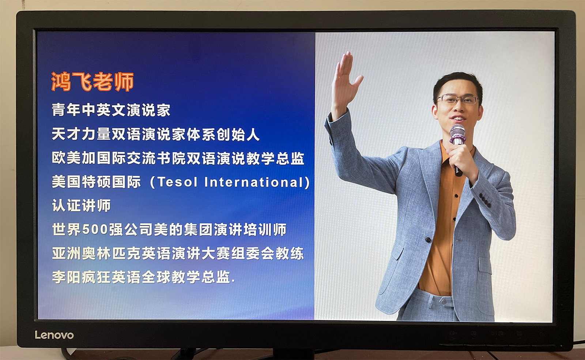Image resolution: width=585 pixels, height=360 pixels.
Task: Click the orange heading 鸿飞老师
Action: [93, 82]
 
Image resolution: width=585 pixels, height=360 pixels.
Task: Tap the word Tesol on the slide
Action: [178, 182]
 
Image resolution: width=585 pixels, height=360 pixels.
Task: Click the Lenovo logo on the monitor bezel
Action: [54, 335]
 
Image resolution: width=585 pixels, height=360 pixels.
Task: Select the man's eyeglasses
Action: [458, 99]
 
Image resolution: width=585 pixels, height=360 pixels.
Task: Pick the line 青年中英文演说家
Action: [111, 110]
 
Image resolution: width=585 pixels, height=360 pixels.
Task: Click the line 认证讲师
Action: [82, 205]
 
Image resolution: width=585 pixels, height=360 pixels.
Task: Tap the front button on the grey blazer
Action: [428, 239]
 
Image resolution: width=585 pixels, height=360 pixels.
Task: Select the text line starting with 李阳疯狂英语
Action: [143, 277]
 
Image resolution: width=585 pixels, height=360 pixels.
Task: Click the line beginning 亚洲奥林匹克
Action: [178, 253]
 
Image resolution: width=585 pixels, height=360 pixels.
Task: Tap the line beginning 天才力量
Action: [156, 134]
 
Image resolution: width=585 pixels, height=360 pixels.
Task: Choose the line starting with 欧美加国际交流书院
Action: [178, 158]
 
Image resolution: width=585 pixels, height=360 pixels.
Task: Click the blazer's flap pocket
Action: [485, 266]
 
